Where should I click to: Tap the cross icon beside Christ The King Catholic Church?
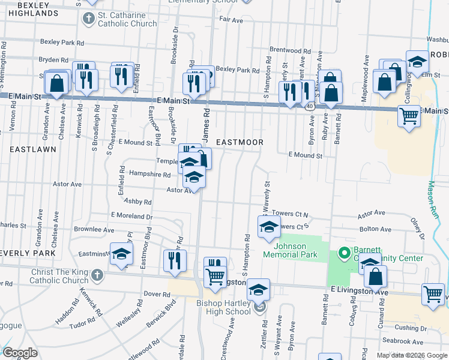pos(97,276)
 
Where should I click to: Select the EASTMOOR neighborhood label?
pos(240,142)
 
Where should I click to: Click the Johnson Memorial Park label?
pos(298,250)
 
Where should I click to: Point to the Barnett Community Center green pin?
pos(345,253)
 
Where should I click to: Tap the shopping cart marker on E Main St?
pos(409,115)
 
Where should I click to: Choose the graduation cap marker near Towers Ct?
pos(269,227)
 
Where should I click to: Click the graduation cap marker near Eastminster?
pos(122,254)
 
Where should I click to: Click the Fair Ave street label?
pos(231,20)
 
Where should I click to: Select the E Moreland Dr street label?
pos(131,215)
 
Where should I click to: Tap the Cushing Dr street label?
pos(411,328)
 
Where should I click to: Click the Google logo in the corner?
pos(20,353)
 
